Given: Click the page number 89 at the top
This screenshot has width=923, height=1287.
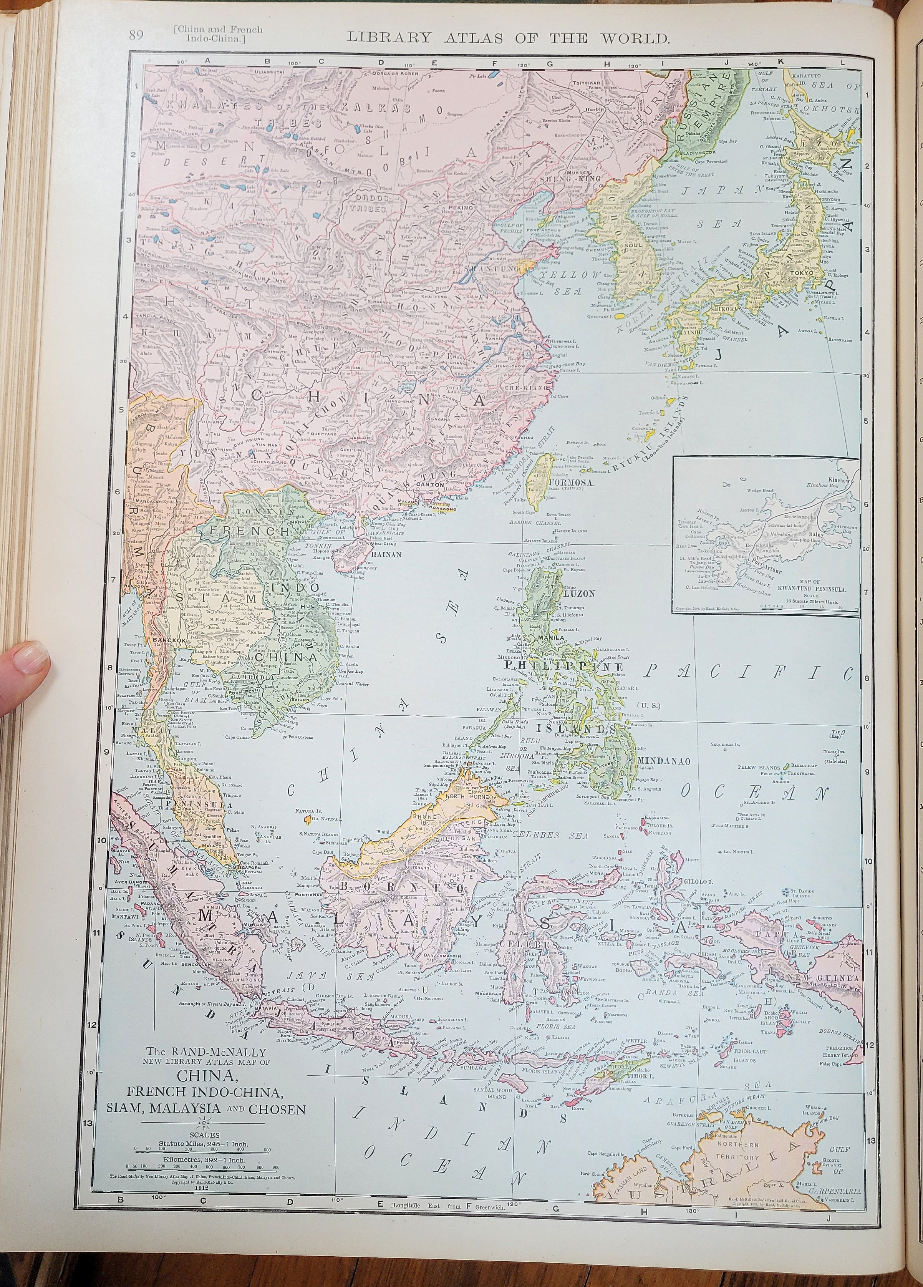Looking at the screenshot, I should coord(136,36).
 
